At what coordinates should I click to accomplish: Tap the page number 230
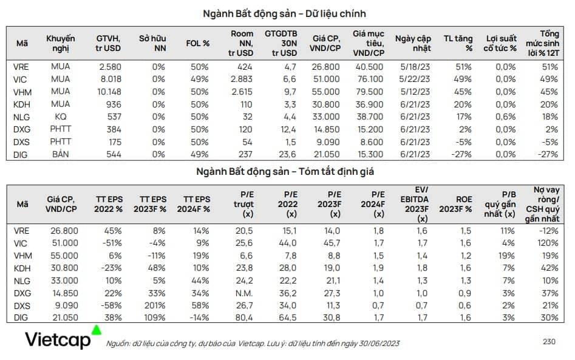point(549,342)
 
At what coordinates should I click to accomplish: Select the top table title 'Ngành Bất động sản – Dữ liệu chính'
point(284,14)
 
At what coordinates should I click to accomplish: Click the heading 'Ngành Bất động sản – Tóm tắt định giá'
point(285,172)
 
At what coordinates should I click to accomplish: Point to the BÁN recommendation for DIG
point(61,154)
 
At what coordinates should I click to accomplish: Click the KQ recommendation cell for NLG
point(61,117)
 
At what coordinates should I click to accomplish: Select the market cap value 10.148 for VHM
point(109,92)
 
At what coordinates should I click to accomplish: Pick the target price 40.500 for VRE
point(369,67)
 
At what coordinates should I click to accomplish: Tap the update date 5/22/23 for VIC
point(415,79)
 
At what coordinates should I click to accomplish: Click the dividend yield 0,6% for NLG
point(506,117)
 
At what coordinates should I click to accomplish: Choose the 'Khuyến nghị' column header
point(61,43)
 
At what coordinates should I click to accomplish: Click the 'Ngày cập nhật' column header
point(413,43)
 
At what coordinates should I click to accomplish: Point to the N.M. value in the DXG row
point(244,293)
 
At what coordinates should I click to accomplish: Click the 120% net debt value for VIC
point(548,243)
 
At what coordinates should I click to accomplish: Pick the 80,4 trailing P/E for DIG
point(244,318)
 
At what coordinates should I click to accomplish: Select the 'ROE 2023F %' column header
point(456,204)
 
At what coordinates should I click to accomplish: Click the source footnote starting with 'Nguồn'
point(253,344)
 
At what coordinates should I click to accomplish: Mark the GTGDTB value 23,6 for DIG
point(287,154)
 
